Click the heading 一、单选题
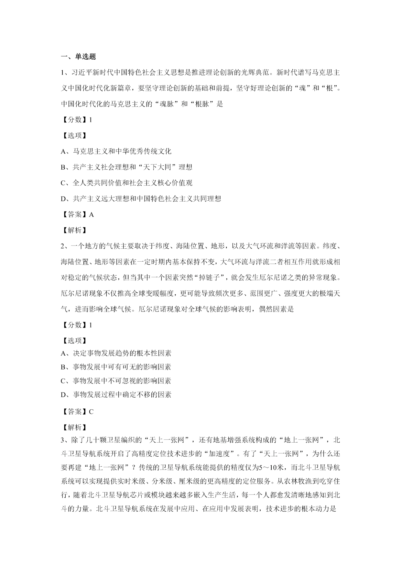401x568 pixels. tap(78, 57)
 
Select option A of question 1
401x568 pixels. tap(116, 151)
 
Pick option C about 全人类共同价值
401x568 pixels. tap(126, 183)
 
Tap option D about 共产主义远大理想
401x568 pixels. tap(141, 199)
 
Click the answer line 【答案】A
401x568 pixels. tap(77, 214)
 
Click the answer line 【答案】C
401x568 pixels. tap(77, 412)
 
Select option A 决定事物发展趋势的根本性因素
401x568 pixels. tap(116, 353)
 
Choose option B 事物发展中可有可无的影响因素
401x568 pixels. tap(116, 367)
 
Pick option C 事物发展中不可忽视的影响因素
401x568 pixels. tap(116, 381)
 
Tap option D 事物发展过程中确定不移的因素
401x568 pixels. tap(116, 395)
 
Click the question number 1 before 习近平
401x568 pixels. tap(63, 73)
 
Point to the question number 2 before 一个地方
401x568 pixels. tap(63, 246)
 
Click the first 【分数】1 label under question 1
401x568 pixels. tap(77, 120)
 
